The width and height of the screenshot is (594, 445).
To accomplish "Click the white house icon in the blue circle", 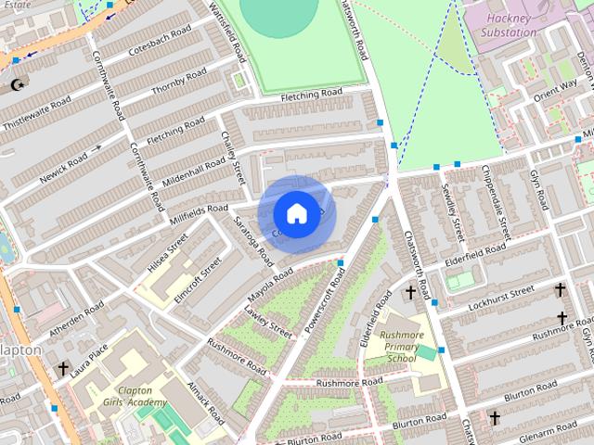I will [296, 213].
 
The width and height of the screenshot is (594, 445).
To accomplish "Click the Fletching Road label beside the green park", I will [312, 94].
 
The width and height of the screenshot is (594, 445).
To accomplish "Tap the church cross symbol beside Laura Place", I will [62, 368].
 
